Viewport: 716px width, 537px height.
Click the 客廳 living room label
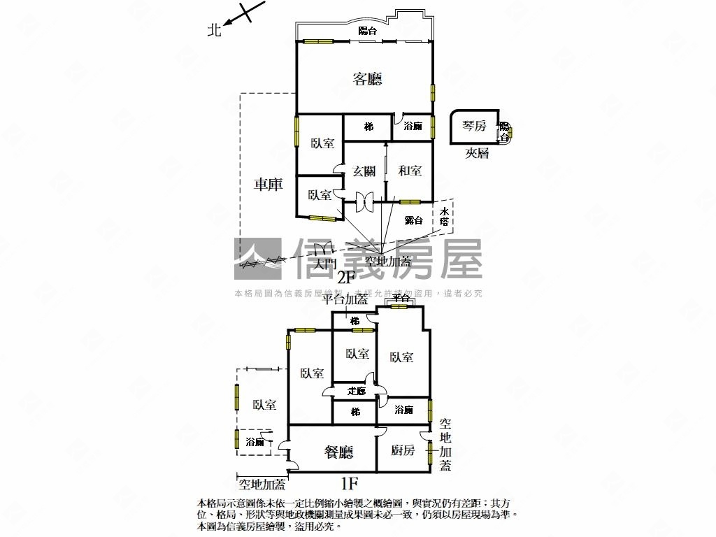367,79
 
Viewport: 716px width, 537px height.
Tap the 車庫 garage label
268,185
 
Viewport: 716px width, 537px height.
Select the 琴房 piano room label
474,126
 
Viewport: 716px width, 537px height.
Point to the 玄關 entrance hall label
364,171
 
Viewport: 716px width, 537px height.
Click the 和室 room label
410,171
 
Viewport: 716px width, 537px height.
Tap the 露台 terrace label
414,220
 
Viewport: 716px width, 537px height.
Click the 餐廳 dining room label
339,452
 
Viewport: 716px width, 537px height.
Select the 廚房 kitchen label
403,450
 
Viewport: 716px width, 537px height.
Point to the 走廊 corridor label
356,391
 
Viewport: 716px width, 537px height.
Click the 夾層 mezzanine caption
477,153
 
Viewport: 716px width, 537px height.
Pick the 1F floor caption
349,482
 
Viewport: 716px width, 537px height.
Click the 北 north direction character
215,30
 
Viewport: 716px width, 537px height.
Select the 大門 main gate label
324,264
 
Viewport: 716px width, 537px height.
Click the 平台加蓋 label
345,299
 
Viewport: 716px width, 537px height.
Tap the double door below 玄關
364,200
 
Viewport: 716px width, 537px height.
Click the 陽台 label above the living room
367,31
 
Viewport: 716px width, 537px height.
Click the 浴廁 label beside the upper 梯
413,127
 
